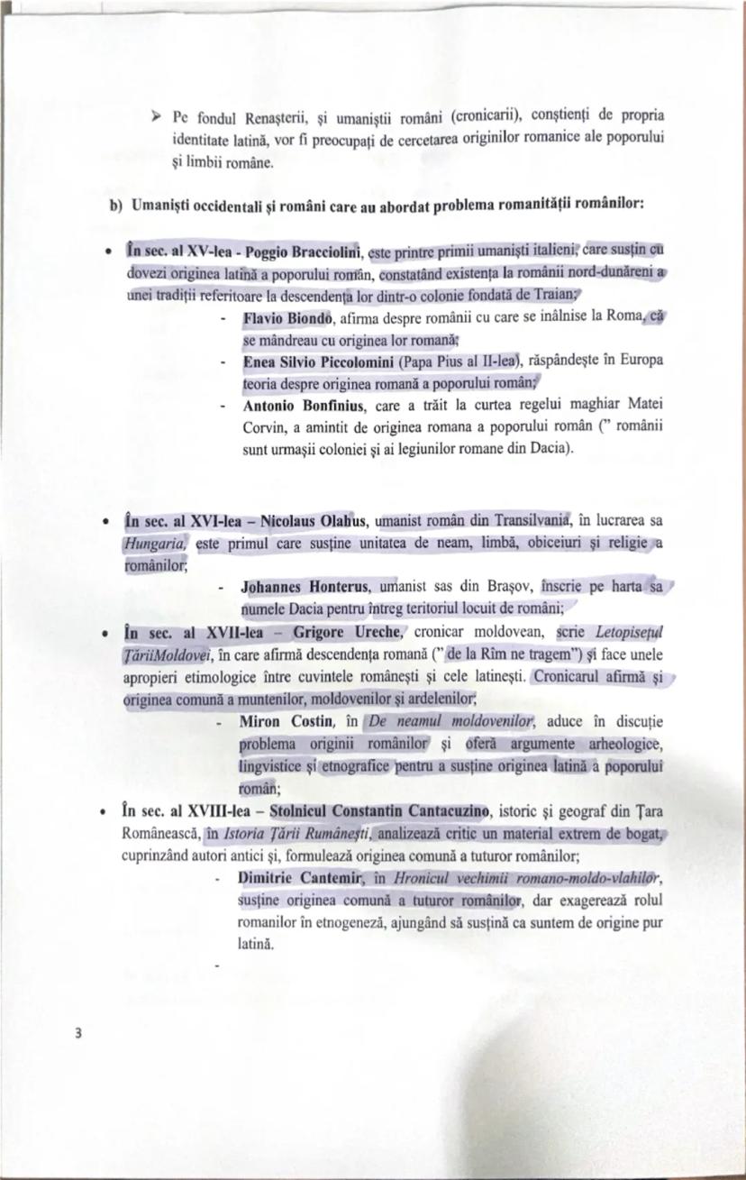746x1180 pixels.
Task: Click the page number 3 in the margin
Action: (x=78, y=1033)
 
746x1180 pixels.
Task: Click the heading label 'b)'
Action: (x=115, y=205)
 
